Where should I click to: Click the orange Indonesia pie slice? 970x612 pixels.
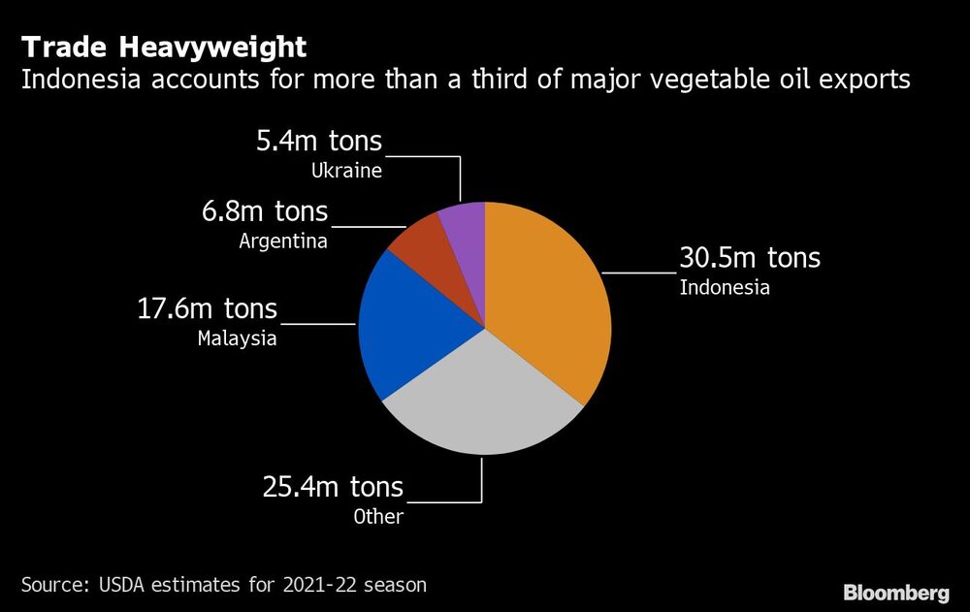coord(548,301)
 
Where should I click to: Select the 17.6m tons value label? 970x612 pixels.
coord(207,309)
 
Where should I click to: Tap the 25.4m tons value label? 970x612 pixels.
coord(333,486)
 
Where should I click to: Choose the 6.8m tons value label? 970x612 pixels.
coord(265,210)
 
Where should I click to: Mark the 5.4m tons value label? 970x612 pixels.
coord(319,143)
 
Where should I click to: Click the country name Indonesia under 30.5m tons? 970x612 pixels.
coord(725,287)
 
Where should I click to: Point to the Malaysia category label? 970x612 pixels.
coord(238,338)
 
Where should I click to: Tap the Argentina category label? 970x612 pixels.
coord(283,241)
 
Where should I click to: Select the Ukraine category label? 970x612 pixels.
coord(346,172)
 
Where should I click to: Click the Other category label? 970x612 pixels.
coord(378,516)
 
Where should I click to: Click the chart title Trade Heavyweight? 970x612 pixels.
coord(164,47)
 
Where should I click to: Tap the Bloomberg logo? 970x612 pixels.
coord(895,592)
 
